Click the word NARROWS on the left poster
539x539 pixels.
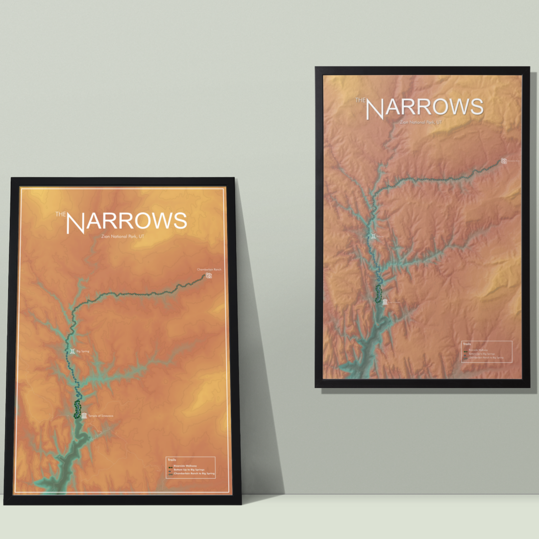pos(126,222)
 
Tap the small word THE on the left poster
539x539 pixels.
pos(60,214)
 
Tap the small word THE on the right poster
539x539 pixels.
pos(360,100)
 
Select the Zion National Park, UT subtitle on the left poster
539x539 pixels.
pos(122,237)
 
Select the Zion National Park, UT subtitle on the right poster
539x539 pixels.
pos(420,122)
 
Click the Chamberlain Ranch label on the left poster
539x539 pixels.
pos(209,269)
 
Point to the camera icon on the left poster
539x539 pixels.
pos(209,276)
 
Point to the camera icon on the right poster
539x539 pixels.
pos(504,161)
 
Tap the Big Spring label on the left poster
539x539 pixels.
pos(83,351)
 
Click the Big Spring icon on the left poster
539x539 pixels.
pos(73,351)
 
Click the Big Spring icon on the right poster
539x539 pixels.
pos(373,236)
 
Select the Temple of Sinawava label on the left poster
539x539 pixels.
pos(100,416)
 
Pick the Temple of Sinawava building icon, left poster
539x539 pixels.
pos(84,416)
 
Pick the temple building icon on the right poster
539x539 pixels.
pos(385,302)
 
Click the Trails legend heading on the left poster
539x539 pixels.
pos(171,460)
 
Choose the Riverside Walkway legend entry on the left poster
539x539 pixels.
pos(185,466)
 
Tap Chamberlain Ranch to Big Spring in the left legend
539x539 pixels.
pos(194,474)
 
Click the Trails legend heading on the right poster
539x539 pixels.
pos(466,344)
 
